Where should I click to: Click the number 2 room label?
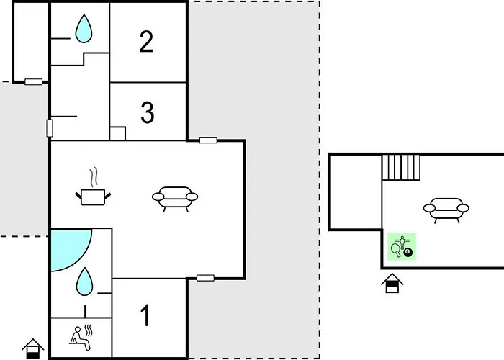[x=146, y=42]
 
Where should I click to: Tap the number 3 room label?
[x=148, y=112]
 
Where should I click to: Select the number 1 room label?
[x=145, y=315]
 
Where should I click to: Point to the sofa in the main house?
[x=175, y=199]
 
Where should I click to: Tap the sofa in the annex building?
[x=446, y=210]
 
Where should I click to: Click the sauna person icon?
[x=81, y=338]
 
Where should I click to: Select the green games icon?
[x=402, y=247]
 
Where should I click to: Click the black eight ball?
[x=408, y=252]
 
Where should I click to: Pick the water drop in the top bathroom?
[x=84, y=29]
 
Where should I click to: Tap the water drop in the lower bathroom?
[x=84, y=282]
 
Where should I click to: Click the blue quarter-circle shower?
[x=69, y=248]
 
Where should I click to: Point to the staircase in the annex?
[x=401, y=167]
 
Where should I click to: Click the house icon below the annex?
[x=392, y=283]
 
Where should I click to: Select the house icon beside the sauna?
[x=33, y=348]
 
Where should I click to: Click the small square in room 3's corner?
[x=117, y=133]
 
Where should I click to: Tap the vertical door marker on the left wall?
[x=50, y=128]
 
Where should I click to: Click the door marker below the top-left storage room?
[x=34, y=82]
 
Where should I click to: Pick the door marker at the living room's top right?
[x=208, y=140]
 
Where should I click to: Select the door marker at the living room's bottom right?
[x=205, y=278]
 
